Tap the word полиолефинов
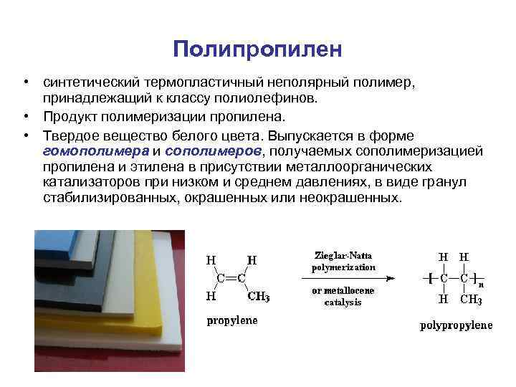(x=274, y=98)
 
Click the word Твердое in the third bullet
(x=70, y=135)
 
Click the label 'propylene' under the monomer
(x=231, y=321)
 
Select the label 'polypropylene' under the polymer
(x=456, y=326)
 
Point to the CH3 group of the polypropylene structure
(x=471, y=300)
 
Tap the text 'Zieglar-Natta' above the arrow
(x=343, y=255)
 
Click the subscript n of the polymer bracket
(x=481, y=283)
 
